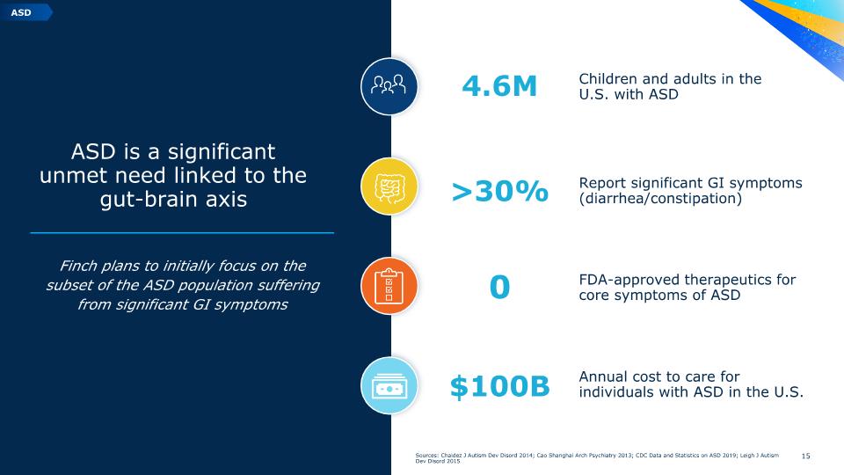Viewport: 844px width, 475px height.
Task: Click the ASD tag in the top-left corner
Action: [25, 11]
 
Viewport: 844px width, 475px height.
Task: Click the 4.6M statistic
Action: [499, 86]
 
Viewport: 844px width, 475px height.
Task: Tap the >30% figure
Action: [499, 191]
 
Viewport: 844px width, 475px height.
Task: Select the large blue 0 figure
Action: [499, 287]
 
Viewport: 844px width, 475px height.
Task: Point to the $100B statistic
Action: [499, 387]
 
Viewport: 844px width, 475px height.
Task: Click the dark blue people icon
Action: [389, 86]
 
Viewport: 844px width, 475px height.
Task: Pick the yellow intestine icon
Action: [389, 186]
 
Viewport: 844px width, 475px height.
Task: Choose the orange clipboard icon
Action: [389, 286]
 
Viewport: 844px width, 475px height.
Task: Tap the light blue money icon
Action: [389, 385]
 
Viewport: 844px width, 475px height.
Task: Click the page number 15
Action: [806, 457]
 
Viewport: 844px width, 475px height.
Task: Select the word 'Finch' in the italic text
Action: [78, 266]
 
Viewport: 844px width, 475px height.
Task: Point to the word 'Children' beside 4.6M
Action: [608, 78]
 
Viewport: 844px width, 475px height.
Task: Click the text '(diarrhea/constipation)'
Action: [660, 198]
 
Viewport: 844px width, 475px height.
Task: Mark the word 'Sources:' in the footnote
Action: [427, 455]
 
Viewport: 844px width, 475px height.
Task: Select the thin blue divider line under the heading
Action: [182, 232]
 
